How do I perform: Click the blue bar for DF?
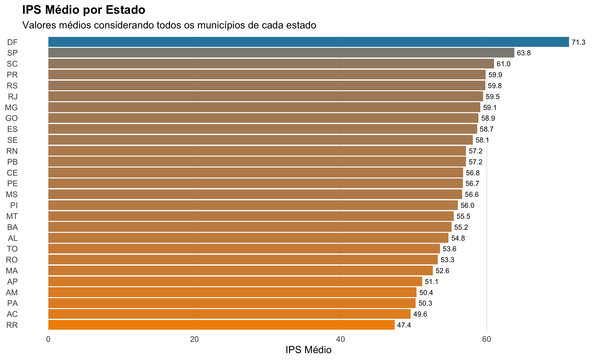[x=308, y=42]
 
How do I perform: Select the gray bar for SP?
[x=281, y=53]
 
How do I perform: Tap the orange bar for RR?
[x=221, y=325]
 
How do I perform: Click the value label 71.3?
[x=578, y=42]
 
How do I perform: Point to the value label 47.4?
[x=404, y=325]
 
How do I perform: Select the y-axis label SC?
[x=12, y=64]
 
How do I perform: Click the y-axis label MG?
[x=12, y=108]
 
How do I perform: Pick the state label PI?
[x=14, y=206]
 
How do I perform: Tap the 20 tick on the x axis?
[x=194, y=339]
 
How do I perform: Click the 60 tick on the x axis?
[x=487, y=339]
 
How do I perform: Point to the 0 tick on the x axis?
[x=48, y=339]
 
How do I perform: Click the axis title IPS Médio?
[x=308, y=350]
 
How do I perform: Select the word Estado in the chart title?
[x=125, y=10]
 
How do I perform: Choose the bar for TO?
[x=244, y=249]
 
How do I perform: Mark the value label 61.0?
[x=503, y=64]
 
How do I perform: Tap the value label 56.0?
[x=467, y=206]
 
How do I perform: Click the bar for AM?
[x=232, y=292]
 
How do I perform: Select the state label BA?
[x=12, y=227]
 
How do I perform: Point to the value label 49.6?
[x=420, y=314]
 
